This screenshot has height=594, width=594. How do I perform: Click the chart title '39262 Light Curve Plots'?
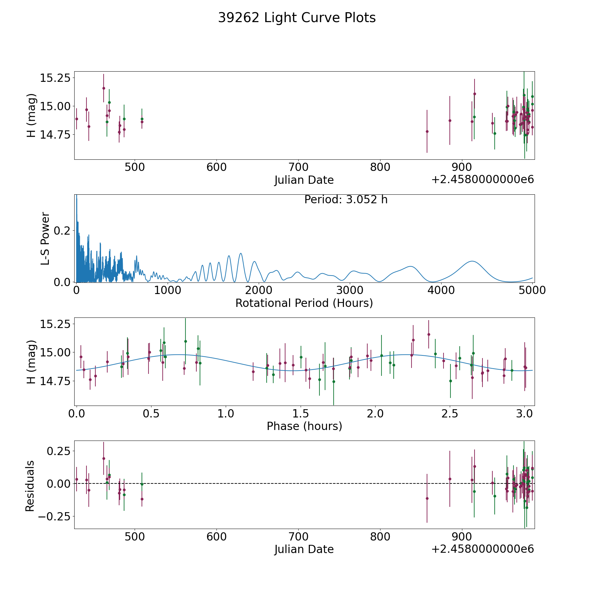(x=297, y=18)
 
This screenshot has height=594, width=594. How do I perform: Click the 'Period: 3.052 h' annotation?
(x=346, y=200)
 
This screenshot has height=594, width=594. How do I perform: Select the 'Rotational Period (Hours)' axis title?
(x=304, y=303)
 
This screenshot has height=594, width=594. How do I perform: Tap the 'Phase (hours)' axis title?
(x=304, y=426)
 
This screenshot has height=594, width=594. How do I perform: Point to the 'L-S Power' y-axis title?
(x=45, y=239)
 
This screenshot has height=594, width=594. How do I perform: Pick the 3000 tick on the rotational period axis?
(x=350, y=290)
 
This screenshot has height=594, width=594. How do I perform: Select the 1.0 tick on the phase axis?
(x=226, y=413)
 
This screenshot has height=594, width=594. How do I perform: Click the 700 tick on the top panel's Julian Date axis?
(x=298, y=167)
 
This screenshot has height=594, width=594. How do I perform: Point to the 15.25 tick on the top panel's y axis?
(x=55, y=78)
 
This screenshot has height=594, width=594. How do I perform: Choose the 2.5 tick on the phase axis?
(x=449, y=413)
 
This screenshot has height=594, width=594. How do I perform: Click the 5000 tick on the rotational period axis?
(x=532, y=290)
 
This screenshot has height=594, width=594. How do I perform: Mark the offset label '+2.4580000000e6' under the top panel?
(x=482, y=180)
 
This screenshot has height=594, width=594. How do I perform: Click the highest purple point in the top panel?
(x=104, y=88)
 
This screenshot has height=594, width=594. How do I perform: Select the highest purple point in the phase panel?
(x=429, y=334)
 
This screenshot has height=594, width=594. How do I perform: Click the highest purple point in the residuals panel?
(x=104, y=458)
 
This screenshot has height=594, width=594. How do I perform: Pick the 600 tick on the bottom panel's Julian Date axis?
(x=216, y=537)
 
